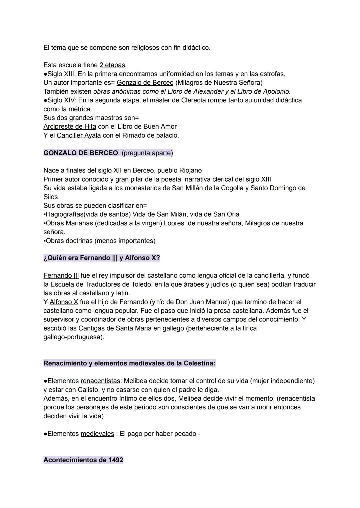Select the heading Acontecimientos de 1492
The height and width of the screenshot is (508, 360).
(83, 460)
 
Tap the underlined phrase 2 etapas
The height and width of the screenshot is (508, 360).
(112, 65)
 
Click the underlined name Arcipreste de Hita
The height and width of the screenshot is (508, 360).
(70, 127)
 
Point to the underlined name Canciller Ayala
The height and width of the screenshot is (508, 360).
(79, 135)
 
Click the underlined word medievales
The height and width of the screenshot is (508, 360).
(97, 434)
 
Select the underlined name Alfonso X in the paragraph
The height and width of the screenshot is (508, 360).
(64, 302)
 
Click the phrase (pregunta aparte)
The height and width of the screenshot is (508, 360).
(147, 153)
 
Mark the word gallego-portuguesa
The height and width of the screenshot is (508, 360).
(74, 337)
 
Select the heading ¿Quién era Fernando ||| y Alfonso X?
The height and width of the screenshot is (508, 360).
(102, 258)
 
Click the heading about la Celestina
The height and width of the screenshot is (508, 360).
(129, 363)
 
